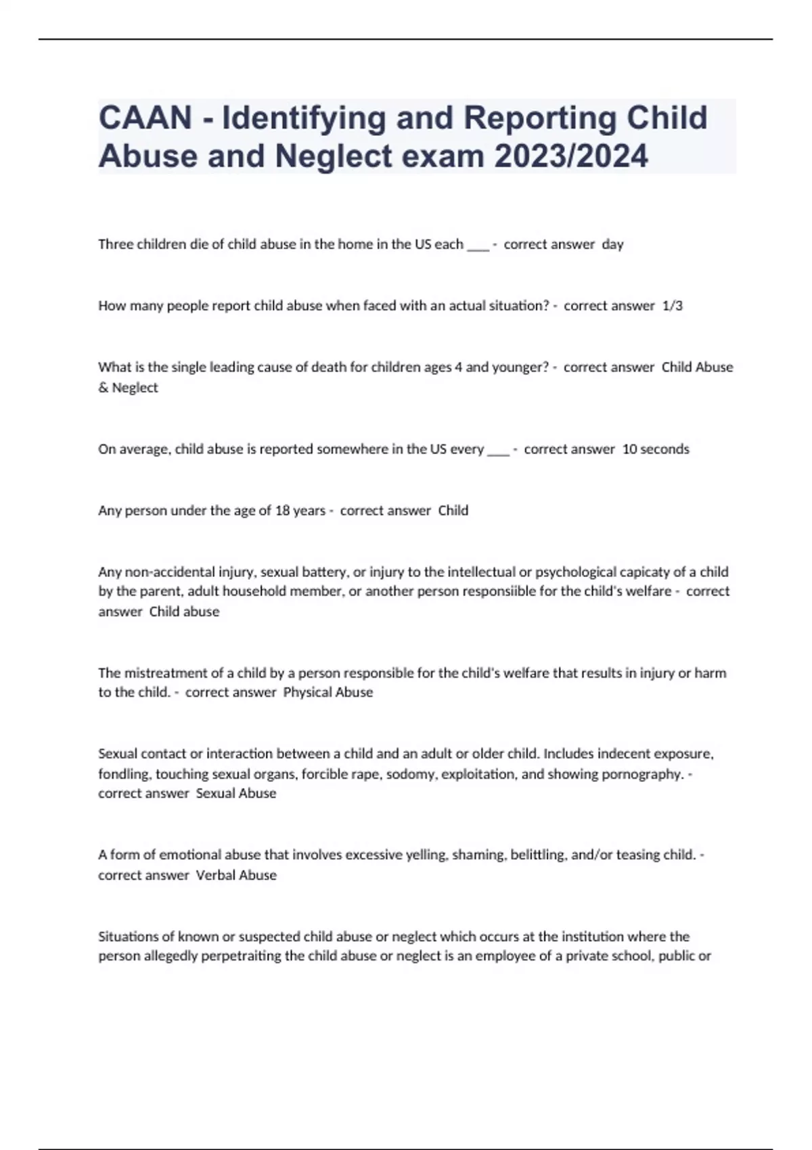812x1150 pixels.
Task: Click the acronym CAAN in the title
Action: pos(145,118)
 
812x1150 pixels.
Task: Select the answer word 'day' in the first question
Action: pos(612,244)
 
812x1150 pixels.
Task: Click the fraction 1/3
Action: pos(673,306)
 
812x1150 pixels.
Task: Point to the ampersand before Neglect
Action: pos(103,388)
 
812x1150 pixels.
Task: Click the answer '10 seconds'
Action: pos(655,449)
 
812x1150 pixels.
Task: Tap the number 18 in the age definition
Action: pos(282,511)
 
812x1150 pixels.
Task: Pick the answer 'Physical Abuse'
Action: pos(328,693)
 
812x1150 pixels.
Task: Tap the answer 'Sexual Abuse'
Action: pos(236,793)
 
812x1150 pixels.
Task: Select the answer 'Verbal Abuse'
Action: pos(236,875)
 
